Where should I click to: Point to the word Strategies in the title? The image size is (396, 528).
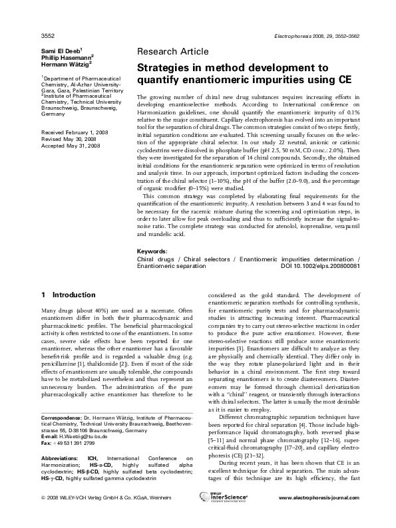click(x=164, y=68)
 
